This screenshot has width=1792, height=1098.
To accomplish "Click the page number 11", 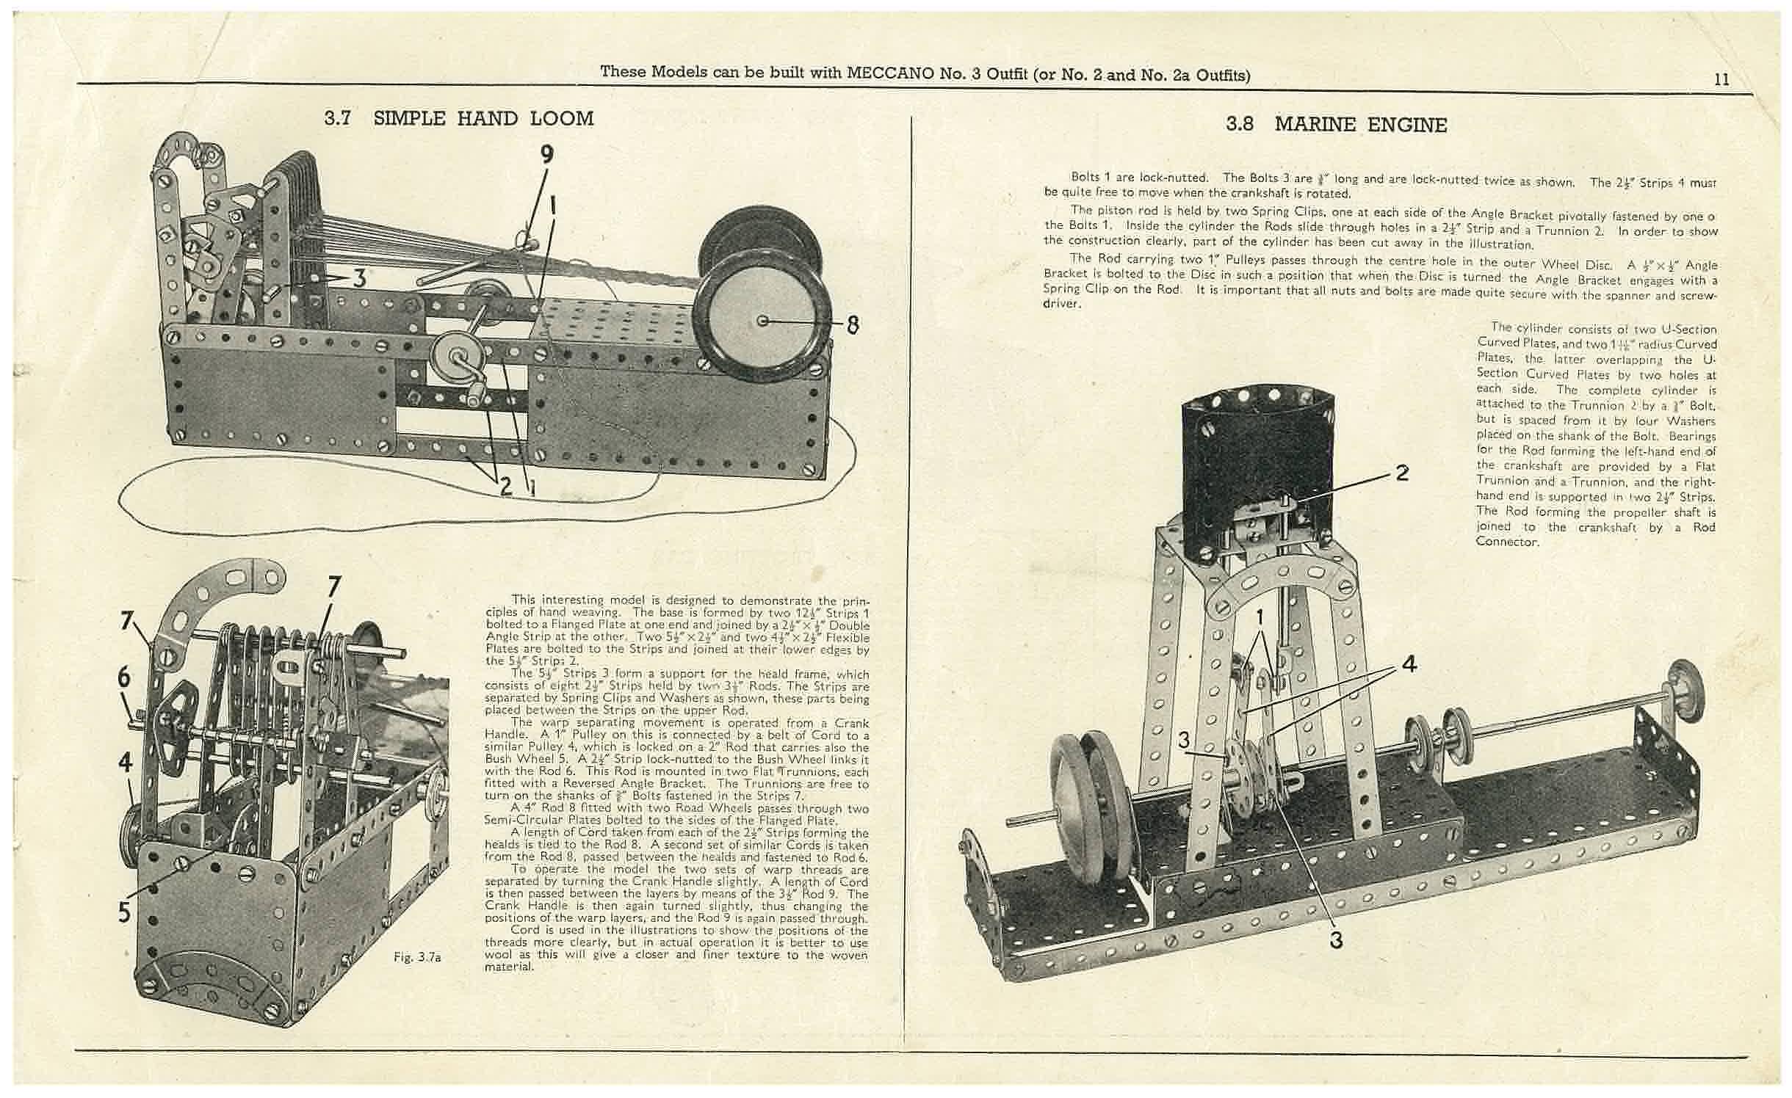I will (x=1721, y=79).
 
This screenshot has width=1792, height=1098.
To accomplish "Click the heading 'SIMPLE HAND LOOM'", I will (x=483, y=118).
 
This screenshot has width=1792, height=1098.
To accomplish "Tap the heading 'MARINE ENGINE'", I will (x=1360, y=124).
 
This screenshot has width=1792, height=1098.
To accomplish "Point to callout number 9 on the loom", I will (x=546, y=153).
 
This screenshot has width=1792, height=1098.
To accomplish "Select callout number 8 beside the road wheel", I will (x=852, y=324).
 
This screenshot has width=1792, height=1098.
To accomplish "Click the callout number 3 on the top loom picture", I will (x=359, y=278).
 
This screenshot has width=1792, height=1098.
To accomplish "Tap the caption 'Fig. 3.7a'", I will (x=416, y=956).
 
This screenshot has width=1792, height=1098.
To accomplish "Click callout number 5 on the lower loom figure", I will (x=125, y=912).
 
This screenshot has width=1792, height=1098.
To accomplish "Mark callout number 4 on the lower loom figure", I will (x=126, y=763).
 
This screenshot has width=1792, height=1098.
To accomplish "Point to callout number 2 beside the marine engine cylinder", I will (x=1402, y=473).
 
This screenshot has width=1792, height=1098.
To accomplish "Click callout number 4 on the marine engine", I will (x=1408, y=664).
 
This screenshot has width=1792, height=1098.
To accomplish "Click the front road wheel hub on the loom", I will (x=763, y=321).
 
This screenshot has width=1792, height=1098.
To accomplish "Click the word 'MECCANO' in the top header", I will (x=890, y=73).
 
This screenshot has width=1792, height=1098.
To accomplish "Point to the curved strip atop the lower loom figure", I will (x=220, y=587).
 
